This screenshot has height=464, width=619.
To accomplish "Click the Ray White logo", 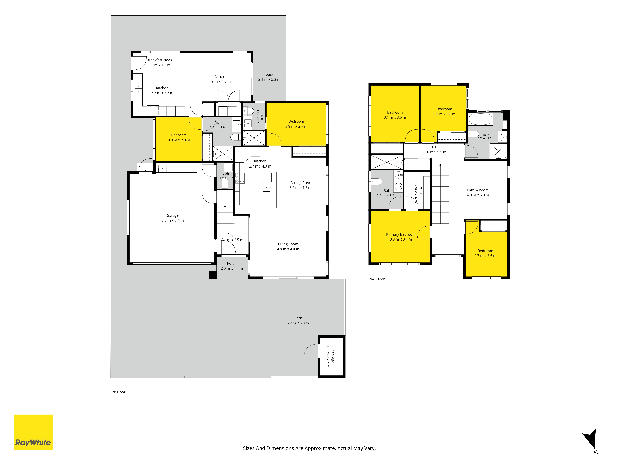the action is point(33,432).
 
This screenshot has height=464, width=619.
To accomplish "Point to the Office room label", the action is point(220,76).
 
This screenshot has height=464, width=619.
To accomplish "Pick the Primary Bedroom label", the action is point(401,234).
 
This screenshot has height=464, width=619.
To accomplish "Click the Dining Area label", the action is point(300,183).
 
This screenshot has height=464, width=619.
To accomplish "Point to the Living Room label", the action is point(288,244).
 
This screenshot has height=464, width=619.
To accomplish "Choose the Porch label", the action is point(232,263).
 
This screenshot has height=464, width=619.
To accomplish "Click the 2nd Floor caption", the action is point(377,279).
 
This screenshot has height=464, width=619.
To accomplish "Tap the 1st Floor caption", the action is point(118,392).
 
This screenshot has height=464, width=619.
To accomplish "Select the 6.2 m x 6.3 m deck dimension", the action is point(298,323).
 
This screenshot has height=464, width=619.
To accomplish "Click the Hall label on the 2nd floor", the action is point(435,147).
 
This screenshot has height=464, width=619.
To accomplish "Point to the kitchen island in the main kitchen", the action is point(269,190).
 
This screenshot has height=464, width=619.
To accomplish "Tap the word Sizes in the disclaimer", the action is point(249,448).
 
